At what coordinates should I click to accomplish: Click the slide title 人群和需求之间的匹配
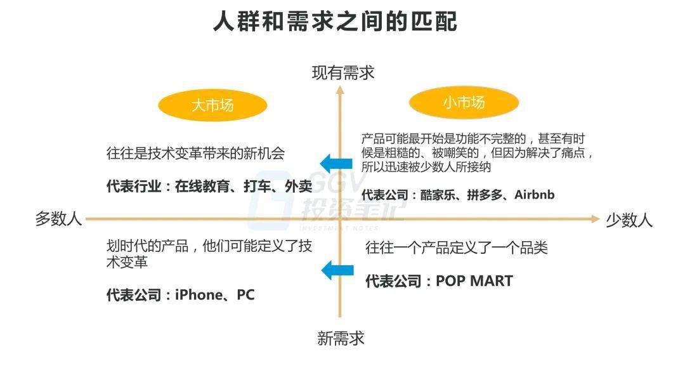[x=335, y=22]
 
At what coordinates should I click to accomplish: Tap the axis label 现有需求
[x=343, y=72]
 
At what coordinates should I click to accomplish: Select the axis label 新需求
[x=341, y=338]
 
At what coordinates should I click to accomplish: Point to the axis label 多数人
[x=58, y=218]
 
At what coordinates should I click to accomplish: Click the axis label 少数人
[x=629, y=220]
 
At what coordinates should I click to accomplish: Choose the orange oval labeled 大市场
[x=212, y=105]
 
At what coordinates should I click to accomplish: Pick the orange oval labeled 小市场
[x=464, y=103]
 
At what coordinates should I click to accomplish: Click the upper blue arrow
[x=336, y=164]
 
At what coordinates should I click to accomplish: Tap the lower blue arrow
[x=337, y=270]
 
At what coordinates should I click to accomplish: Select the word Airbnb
[x=534, y=195]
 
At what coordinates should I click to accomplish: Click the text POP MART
[x=474, y=281]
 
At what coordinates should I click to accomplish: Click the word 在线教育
[x=202, y=187]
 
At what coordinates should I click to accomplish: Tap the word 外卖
[x=298, y=187]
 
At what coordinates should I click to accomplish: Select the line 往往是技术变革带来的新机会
[x=195, y=154]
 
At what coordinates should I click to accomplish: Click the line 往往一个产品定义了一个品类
[x=457, y=248]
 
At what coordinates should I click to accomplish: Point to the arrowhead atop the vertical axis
[x=340, y=89]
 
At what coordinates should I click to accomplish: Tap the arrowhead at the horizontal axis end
[x=596, y=219]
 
